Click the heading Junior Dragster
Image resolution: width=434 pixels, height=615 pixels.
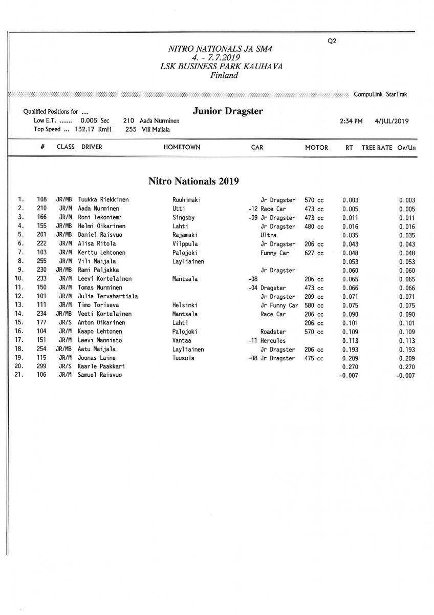point(228,111)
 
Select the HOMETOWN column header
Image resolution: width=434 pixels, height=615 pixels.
point(182,147)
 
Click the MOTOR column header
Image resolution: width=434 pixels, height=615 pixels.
point(316,148)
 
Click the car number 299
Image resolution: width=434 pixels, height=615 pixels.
point(41,366)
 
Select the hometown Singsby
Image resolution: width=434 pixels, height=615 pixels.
point(184,218)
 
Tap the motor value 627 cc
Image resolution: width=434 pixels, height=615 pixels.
point(314,253)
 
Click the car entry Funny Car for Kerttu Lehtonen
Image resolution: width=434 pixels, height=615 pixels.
point(275,253)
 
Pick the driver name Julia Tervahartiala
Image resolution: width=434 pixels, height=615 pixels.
point(107,297)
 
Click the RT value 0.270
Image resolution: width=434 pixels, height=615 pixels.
point(350,366)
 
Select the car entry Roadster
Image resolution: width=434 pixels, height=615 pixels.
point(273,332)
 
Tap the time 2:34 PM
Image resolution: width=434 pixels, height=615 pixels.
point(351,121)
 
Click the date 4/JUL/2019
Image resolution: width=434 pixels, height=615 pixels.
point(392,121)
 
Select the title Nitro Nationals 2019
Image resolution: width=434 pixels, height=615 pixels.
point(193,181)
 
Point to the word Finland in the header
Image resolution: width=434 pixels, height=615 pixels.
point(224,75)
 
